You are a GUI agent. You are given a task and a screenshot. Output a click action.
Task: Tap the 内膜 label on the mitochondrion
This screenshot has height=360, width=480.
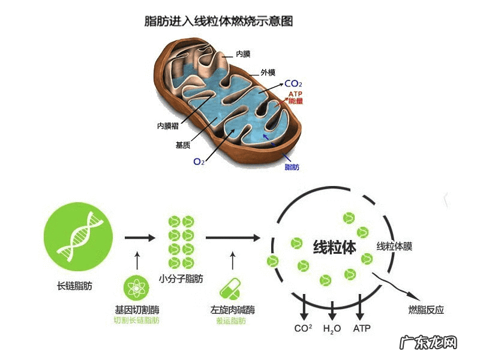(x=243, y=54)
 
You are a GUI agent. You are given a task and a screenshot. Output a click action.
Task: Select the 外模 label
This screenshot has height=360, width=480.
(x=268, y=73)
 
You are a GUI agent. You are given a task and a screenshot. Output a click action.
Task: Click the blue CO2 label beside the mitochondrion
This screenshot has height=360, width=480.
(x=293, y=84)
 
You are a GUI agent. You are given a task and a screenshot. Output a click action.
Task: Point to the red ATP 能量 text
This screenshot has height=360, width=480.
(x=295, y=98)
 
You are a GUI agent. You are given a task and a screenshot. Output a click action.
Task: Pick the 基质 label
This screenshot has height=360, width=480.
(x=183, y=145)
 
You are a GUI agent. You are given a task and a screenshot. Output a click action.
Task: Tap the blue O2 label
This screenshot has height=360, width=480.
(x=199, y=161)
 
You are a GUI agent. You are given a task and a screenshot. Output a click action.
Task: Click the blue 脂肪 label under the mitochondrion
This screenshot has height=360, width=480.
(x=292, y=167)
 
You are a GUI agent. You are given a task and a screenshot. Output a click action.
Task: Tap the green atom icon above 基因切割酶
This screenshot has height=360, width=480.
(x=137, y=288)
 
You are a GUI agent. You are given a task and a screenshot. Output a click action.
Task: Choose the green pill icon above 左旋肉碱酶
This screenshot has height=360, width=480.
(x=231, y=289)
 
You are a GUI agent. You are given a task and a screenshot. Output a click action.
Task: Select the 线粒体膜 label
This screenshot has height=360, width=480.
(x=394, y=247)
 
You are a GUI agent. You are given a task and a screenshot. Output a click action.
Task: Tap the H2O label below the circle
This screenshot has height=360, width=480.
(x=332, y=329)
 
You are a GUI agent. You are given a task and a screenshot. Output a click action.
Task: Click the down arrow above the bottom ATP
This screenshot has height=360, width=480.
(x=361, y=307)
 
